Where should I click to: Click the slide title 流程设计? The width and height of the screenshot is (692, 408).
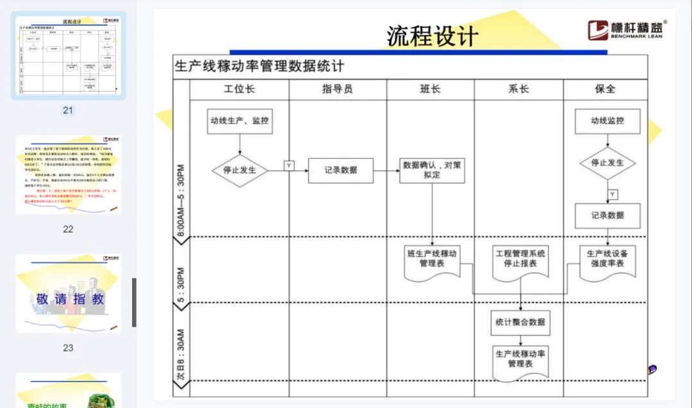click(432, 36)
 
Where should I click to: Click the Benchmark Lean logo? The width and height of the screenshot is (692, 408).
click(627, 29)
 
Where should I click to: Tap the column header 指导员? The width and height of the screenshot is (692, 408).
click(337, 89)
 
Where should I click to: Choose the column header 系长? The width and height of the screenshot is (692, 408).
click(518, 89)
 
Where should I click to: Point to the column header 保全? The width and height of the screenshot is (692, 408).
click(605, 89)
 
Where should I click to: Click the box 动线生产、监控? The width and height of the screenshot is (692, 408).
click(240, 120)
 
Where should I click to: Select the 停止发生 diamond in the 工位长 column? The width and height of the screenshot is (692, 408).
click(240, 170)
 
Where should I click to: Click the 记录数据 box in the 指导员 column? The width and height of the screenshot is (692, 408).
click(340, 170)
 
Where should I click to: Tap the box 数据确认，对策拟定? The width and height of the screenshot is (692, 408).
click(432, 170)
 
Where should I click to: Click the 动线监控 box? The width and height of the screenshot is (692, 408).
click(607, 120)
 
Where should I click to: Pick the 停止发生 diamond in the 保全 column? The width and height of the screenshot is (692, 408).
click(607, 163)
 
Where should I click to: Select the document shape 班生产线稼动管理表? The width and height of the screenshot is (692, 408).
click(432, 259)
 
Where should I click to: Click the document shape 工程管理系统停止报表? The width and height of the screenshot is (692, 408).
click(520, 259)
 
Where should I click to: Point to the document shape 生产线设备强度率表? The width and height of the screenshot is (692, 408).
click(607, 259)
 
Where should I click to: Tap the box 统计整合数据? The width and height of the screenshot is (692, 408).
click(520, 322)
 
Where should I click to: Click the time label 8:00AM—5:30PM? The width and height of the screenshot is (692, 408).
click(181, 200)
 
